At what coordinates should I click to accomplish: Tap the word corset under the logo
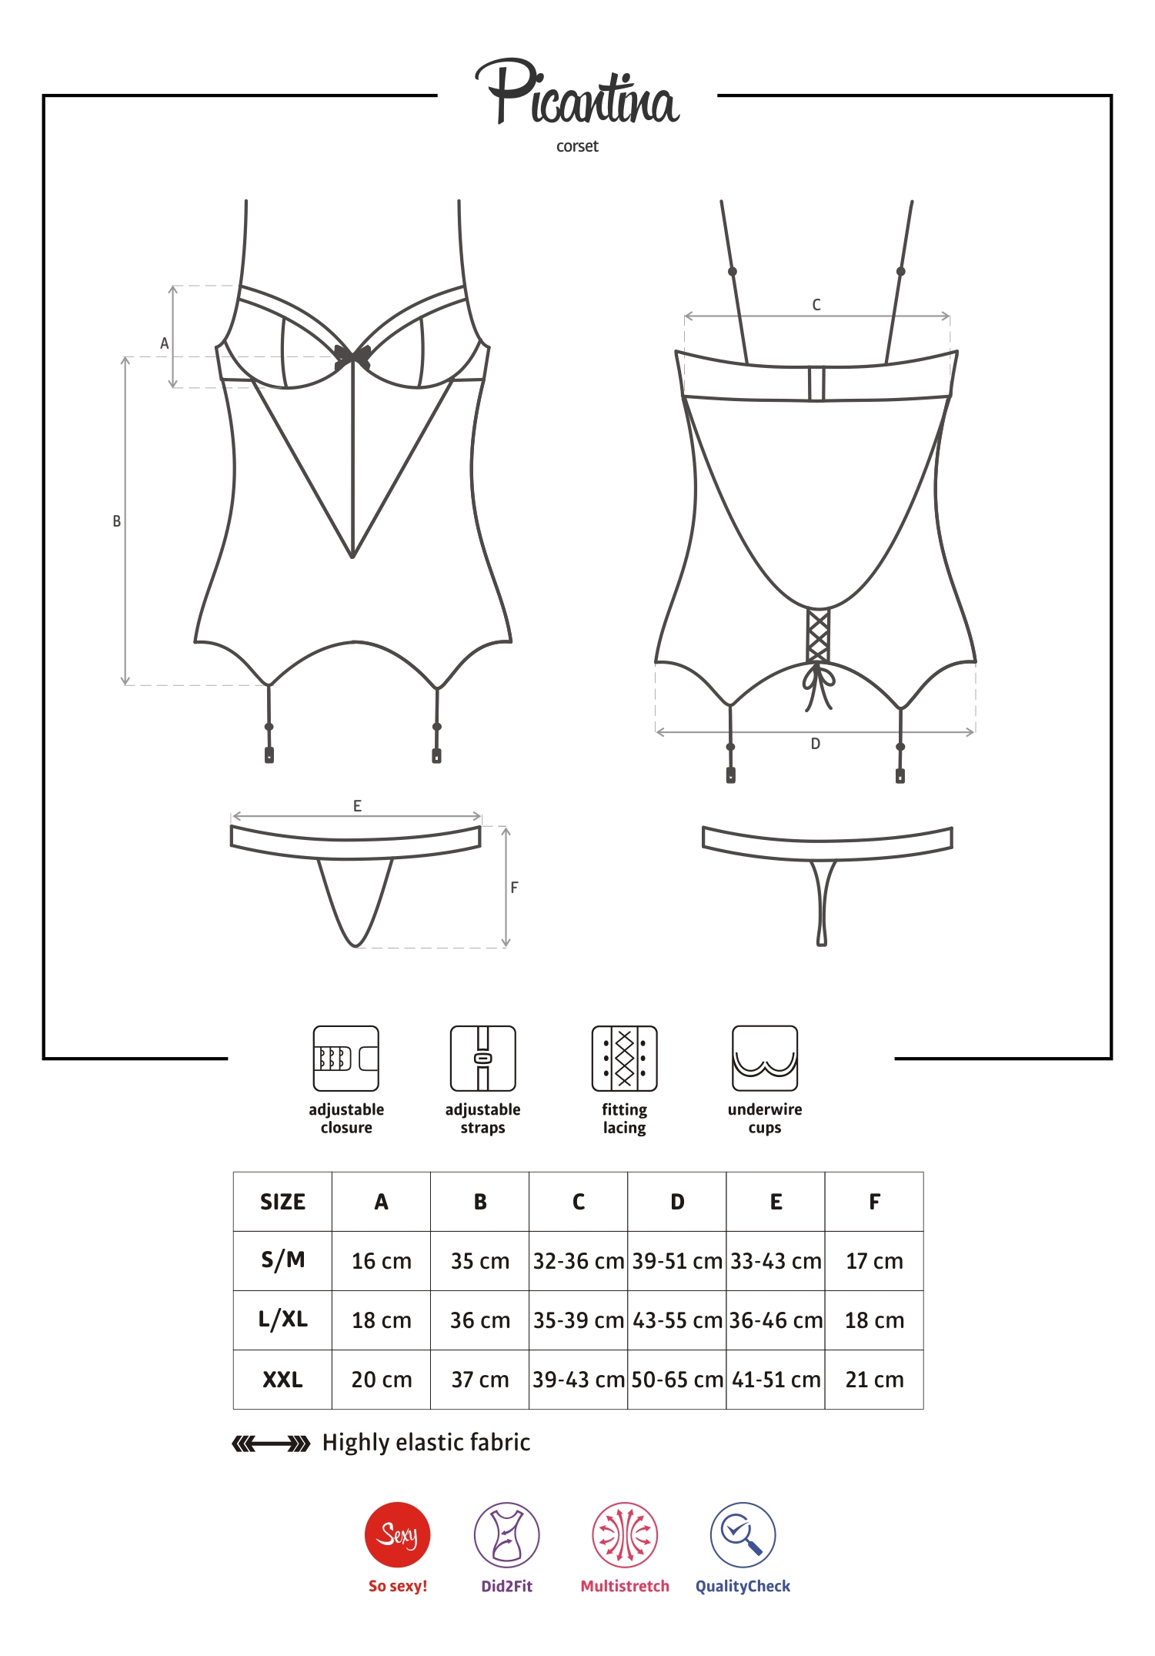tap(577, 146)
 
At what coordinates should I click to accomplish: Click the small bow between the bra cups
tap(352, 356)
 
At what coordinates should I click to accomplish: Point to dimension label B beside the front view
tap(117, 521)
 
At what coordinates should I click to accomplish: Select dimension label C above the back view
tap(816, 305)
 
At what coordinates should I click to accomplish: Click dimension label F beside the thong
tap(514, 887)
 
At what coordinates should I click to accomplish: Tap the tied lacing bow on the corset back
tap(818, 685)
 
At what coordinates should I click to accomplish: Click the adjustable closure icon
tap(346, 1059)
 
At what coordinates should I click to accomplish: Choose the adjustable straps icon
tap(483, 1059)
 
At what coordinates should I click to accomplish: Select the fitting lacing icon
tap(624, 1059)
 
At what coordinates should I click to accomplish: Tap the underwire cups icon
tap(765, 1059)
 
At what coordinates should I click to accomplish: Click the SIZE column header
tap(282, 1202)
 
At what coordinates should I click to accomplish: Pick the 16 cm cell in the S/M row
tap(381, 1261)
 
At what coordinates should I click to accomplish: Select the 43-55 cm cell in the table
tap(677, 1320)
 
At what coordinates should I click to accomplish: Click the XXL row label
tap(282, 1380)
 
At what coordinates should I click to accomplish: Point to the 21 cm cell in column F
tap(874, 1380)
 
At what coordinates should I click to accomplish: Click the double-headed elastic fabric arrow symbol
tap(271, 1444)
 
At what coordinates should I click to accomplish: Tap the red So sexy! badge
tap(397, 1534)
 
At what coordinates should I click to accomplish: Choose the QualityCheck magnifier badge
tap(743, 1534)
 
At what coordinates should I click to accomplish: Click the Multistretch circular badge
tap(625, 1534)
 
